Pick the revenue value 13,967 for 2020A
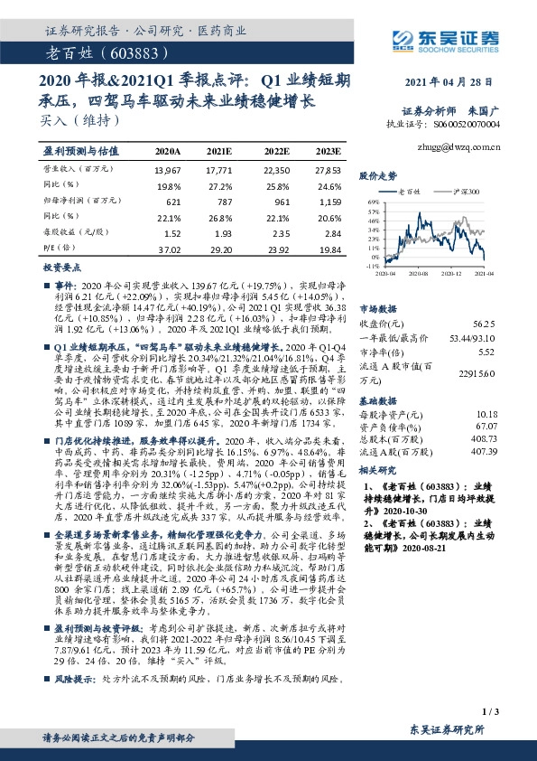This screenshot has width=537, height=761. pyautogui.click(x=168, y=170)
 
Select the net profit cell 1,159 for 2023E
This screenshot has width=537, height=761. pyautogui.click(x=329, y=202)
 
